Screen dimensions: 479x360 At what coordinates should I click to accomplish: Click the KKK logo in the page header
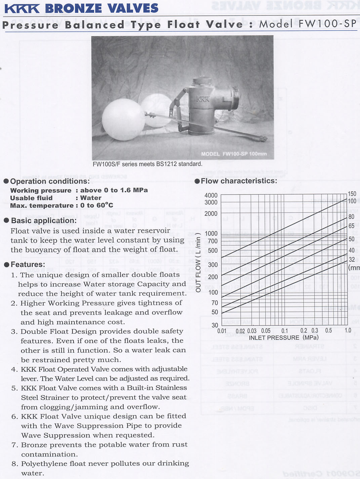(22, 8)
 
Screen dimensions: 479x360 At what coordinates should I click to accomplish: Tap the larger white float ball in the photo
(123, 119)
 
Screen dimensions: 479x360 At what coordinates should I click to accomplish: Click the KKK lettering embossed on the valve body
(203, 99)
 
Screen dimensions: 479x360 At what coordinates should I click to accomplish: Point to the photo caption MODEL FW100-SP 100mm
(234, 154)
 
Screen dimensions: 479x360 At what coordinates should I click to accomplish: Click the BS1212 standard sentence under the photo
(148, 164)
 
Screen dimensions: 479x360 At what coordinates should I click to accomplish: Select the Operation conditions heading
(50, 181)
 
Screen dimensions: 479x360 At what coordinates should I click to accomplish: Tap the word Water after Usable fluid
(91, 198)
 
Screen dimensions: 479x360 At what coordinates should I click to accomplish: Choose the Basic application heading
(44, 221)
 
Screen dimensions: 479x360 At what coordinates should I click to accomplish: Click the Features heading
(28, 264)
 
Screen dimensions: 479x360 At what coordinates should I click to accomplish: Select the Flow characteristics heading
(239, 181)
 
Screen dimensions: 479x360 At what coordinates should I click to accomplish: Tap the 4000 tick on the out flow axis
(211, 195)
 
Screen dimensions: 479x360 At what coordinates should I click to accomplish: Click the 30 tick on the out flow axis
(215, 325)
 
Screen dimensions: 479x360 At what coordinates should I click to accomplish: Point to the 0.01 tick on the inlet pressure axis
(222, 331)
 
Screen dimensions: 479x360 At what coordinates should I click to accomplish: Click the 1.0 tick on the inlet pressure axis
(348, 330)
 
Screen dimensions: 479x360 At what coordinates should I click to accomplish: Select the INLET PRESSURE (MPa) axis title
(284, 337)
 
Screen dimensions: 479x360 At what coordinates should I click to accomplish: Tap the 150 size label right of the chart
(352, 194)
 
